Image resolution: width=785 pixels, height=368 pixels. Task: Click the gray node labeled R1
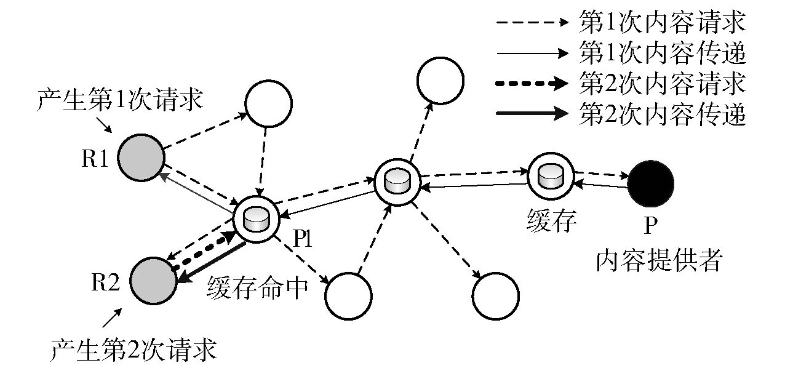click(141, 158)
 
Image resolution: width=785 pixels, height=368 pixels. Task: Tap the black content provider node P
click(650, 183)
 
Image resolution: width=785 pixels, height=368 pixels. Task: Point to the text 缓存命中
click(257, 288)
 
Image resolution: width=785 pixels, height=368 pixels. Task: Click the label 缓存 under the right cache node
click(552, 220)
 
